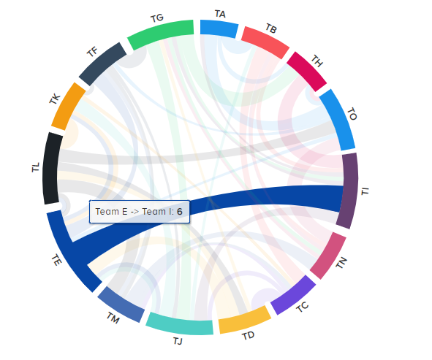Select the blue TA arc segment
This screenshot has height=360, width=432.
(x=219, y=28)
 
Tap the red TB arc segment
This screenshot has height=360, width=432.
(x=265, y=40)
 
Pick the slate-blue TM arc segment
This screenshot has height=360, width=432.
(x=121, y=304)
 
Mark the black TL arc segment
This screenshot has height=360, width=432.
(x=52, y=168)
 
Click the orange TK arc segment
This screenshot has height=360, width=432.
(x=68, y=104)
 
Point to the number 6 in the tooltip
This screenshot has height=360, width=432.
(x=179, y=211)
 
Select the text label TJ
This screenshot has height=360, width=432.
(x=178, y=341)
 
